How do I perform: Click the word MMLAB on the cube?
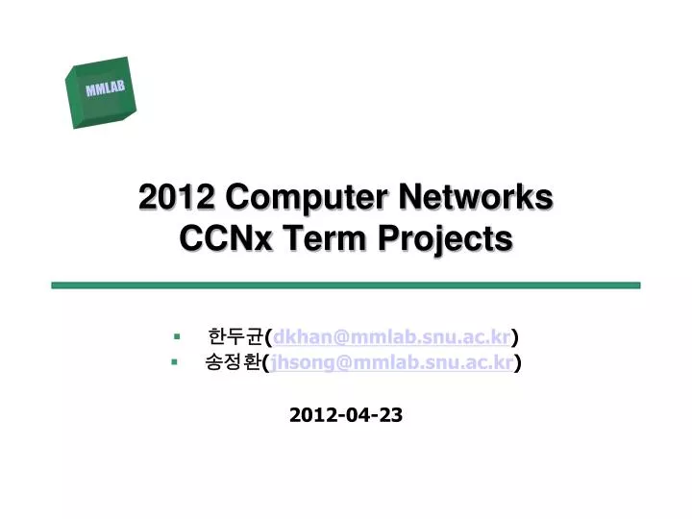coord(106,89)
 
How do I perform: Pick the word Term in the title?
coord(322,237)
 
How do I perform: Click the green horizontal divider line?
coord(345,285)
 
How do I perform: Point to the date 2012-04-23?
coord(346,415)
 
